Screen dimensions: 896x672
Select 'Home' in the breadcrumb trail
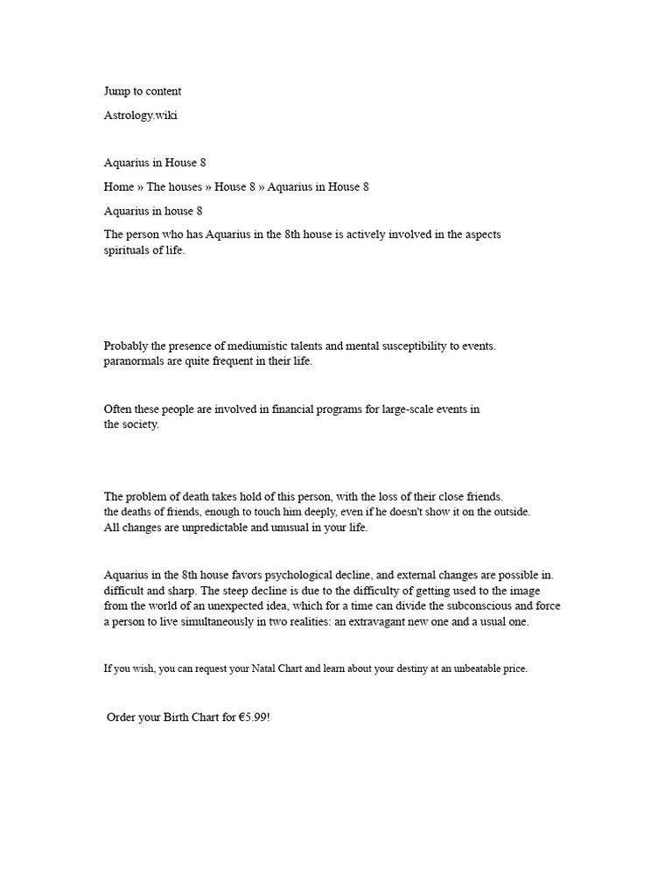[119, 186]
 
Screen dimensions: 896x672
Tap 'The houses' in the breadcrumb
[175, 186]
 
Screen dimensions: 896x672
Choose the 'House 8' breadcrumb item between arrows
[235, 186]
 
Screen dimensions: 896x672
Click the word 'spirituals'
[130, 250]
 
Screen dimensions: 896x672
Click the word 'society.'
[141, 425]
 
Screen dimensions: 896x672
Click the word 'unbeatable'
[473, 669]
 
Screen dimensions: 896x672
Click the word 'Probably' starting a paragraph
[127, 346]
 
